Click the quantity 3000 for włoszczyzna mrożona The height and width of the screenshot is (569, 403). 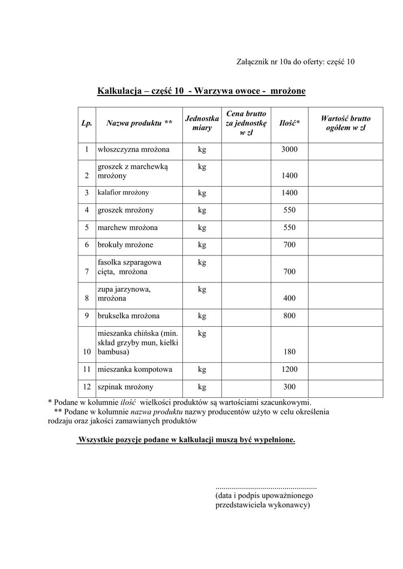point(289,149)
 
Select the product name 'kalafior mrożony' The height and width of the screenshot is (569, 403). point(123,193)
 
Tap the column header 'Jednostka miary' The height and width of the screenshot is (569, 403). point(202,123)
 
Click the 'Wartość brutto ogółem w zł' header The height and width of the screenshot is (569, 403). point(345,123)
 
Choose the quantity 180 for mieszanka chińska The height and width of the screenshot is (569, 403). point(289,352)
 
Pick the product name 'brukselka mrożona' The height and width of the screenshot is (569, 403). point(128,316)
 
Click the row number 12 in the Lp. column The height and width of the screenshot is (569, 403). point(87,387)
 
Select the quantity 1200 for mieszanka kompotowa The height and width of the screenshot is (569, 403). point(289,370)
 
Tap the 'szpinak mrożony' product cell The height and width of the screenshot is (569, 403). point(126,387)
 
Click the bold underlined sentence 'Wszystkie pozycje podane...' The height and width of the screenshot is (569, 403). point(186,440)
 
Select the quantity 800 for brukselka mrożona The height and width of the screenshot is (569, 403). point(289,316)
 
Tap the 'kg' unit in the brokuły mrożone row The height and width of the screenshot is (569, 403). point(202,244)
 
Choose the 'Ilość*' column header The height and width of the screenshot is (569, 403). point(289,123)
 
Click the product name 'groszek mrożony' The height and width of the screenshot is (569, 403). point(126,210)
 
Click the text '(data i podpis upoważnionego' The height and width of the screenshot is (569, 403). point(265,496)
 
